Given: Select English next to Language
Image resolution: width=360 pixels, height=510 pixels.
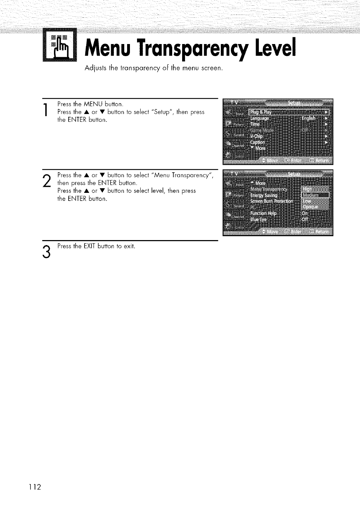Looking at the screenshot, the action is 308,118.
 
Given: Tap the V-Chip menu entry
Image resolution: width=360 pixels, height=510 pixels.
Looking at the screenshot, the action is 256,136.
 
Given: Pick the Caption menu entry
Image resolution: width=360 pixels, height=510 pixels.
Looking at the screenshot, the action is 258,142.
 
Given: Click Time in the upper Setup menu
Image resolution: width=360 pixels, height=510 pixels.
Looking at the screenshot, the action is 255,124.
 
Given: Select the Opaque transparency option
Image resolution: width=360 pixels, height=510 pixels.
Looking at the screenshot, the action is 310,207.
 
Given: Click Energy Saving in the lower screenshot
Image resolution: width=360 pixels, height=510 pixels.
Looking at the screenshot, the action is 264,195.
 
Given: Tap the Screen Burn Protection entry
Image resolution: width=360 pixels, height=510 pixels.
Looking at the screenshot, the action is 272,201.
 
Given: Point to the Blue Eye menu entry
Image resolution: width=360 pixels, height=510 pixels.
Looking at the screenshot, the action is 258,219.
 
